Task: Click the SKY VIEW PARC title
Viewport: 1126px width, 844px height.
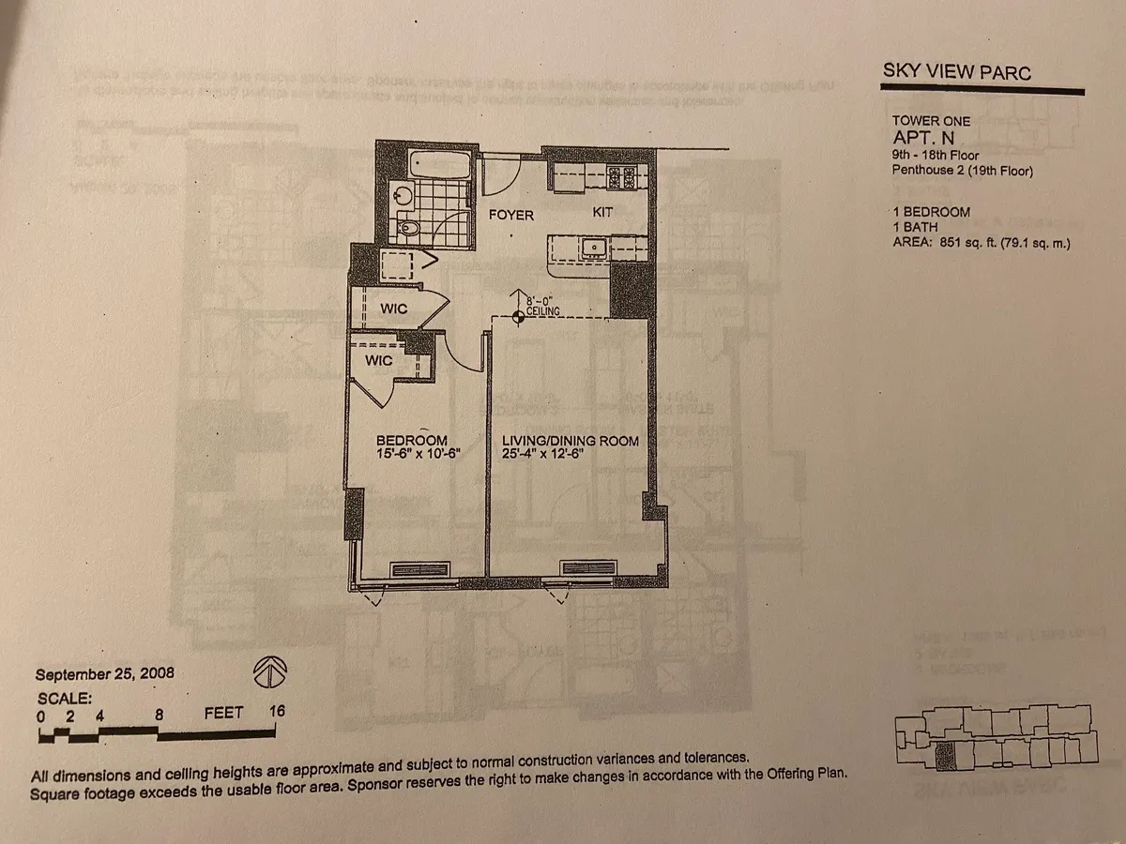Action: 956,72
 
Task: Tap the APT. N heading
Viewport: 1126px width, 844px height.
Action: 924,138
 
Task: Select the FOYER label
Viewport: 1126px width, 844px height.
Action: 511,215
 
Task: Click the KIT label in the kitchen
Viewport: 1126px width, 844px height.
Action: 602,213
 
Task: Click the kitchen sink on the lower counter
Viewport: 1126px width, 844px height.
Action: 593,249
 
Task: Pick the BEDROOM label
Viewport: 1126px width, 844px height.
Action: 411,441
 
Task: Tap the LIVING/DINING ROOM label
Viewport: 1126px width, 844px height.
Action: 571,441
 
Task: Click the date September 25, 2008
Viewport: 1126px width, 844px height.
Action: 104,673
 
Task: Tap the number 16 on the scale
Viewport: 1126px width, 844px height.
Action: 276,712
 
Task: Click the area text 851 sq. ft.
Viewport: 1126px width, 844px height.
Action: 962,243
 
